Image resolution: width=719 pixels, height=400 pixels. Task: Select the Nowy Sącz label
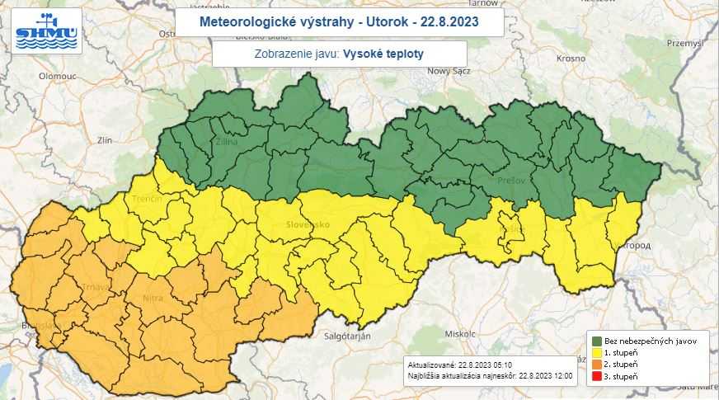point(448,72)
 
